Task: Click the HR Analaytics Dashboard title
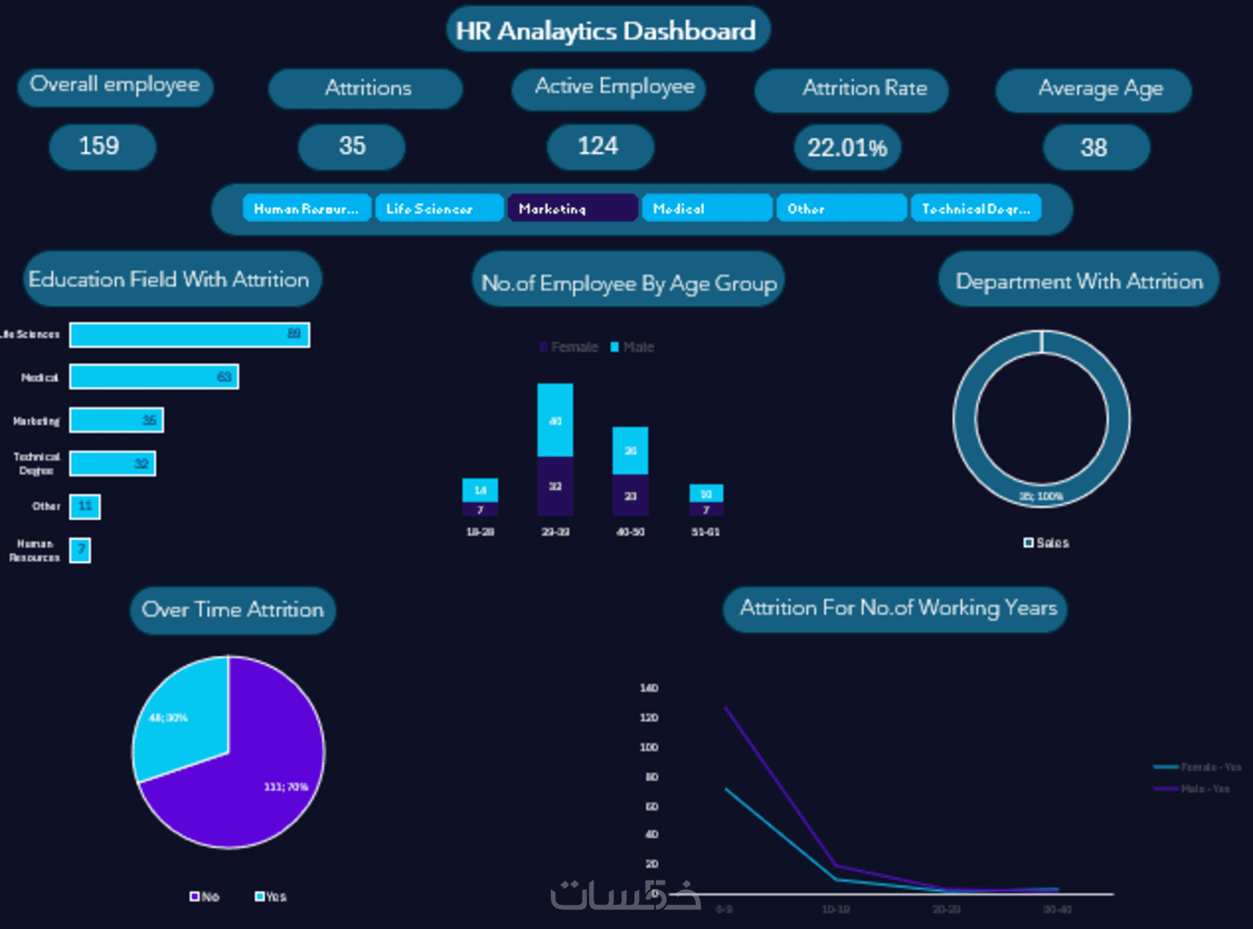[606, 31]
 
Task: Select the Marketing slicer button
[572, 208]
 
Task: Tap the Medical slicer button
[706, 208]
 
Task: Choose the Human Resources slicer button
[307, 208]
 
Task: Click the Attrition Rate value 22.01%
[847, 148]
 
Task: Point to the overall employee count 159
[99, 146]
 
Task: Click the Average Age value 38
[1093, 148]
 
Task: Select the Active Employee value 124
[598, 146]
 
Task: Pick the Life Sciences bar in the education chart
[189, 334]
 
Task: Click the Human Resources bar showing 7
[81, 550]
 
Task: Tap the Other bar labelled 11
[85, 506]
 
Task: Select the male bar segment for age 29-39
[555, 420]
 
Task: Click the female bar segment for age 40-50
[630, 495]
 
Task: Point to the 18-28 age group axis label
[479, 531]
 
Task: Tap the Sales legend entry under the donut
[1047, 543]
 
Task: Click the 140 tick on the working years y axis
[648, 688]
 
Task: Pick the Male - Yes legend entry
[1194, 789]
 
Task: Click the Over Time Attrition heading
[232, 610]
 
